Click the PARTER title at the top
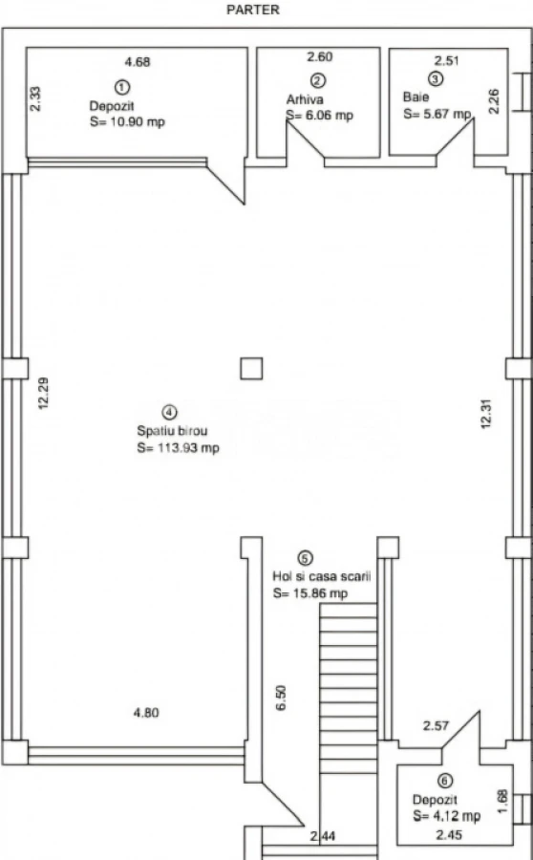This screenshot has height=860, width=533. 253,10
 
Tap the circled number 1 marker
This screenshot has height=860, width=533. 121,87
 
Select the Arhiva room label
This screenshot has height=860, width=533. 305,99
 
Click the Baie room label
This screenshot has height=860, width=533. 416,97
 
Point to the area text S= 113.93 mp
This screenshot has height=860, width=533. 178,448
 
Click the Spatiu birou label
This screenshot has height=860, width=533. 172,431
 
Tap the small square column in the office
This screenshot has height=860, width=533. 251,369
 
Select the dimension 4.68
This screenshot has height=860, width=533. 138,62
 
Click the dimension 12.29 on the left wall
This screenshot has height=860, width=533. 43,393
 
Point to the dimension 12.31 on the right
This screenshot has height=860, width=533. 486,414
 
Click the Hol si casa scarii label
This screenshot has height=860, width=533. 322,576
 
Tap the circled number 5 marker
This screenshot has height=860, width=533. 305,558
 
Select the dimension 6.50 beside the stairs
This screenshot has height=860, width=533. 281,698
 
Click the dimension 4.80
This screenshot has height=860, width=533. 146,713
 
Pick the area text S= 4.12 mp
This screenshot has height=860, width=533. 447,816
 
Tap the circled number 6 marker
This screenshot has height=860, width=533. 445,781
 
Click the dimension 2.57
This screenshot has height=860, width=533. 436,725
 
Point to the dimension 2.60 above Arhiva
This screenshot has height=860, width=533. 319,56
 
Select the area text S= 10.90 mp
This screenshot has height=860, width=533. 127,121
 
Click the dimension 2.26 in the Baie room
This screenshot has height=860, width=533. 494,101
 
